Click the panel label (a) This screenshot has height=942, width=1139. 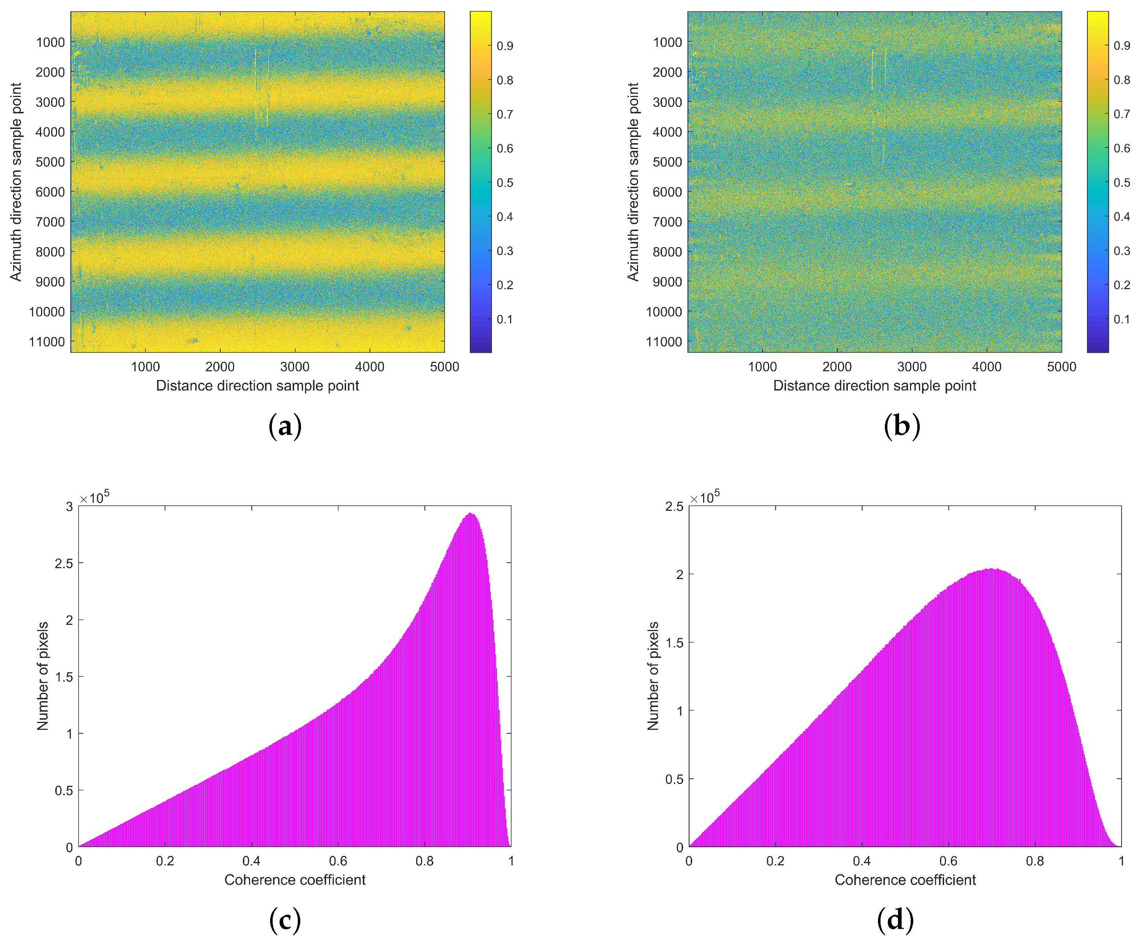click(x=285, y=426)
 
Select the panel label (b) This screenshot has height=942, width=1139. click(x=902, y=426)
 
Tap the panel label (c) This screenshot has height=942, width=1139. click(x=285, y=920)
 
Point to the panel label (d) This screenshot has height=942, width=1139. click(x=895, y=920)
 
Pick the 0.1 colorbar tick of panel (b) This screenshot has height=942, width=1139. click(x=1122, y=319)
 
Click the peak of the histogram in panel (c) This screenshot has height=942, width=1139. click(x=471, y=514)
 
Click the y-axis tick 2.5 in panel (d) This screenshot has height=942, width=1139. click(x=674, y=506)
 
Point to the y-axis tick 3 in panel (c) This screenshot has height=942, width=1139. click(x=69, y=506)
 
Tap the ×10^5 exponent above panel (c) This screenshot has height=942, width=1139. click(x=95, y=497)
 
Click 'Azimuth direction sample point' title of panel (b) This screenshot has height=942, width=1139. click(x=633, y=182)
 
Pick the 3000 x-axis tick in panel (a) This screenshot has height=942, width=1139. click(x=294, y=367)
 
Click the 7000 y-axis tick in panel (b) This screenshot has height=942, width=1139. click(x=667, y=222)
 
